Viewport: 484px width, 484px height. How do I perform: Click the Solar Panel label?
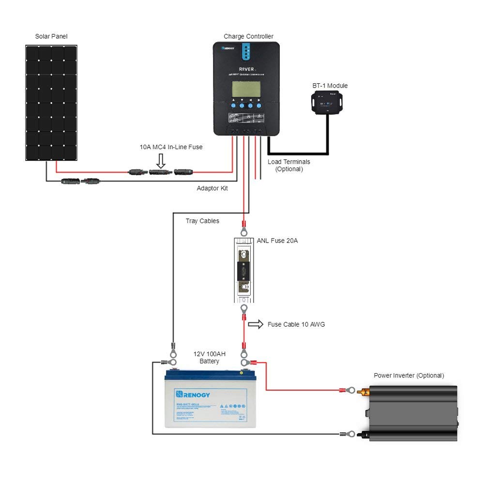click(x=51, y=36)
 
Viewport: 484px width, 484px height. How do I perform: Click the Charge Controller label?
click(x=248, y=36)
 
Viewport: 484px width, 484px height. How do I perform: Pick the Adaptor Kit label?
click(x=212, y=188)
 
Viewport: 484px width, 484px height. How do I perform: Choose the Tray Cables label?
click(x=202, y=221)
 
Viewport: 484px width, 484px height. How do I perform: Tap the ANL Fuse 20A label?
click(x=277, y=240)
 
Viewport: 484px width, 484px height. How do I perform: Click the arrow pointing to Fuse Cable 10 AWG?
click(x=256, y=324)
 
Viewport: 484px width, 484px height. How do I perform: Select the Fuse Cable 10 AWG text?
click(x=296, y=324)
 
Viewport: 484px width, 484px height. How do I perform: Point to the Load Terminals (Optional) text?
click(x=289, y=165)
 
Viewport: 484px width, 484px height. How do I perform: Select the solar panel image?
click(x=51, y=103)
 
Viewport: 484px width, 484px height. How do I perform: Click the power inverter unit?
click(x=413, y=412)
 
